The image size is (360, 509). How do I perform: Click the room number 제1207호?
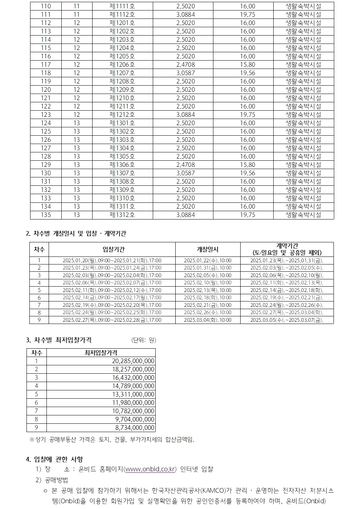pos(122,73)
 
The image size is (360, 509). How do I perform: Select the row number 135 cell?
pos(46,215)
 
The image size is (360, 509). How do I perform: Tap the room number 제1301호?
pos(122,123)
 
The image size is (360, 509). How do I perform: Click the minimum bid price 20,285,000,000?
pos(133,361)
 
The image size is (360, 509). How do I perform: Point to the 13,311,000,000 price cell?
pos(133,394)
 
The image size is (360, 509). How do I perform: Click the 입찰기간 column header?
pos(112,249)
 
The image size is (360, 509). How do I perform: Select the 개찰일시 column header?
pos(207,249)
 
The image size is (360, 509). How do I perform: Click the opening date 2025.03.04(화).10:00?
pos(207,320)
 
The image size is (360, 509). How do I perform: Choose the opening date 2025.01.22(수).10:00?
pos(207,260)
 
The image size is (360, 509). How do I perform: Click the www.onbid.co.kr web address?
pos(150,469)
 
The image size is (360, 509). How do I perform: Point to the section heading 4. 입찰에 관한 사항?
pos(54,459)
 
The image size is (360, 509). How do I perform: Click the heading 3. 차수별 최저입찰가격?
pos(59,340)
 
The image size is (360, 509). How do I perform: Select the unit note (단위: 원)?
pos(143,340)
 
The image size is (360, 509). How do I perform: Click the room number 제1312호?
pos(122,215)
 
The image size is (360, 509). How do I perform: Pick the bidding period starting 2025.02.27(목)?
pos(112,320)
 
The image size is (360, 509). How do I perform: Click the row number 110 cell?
pos(46,6)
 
